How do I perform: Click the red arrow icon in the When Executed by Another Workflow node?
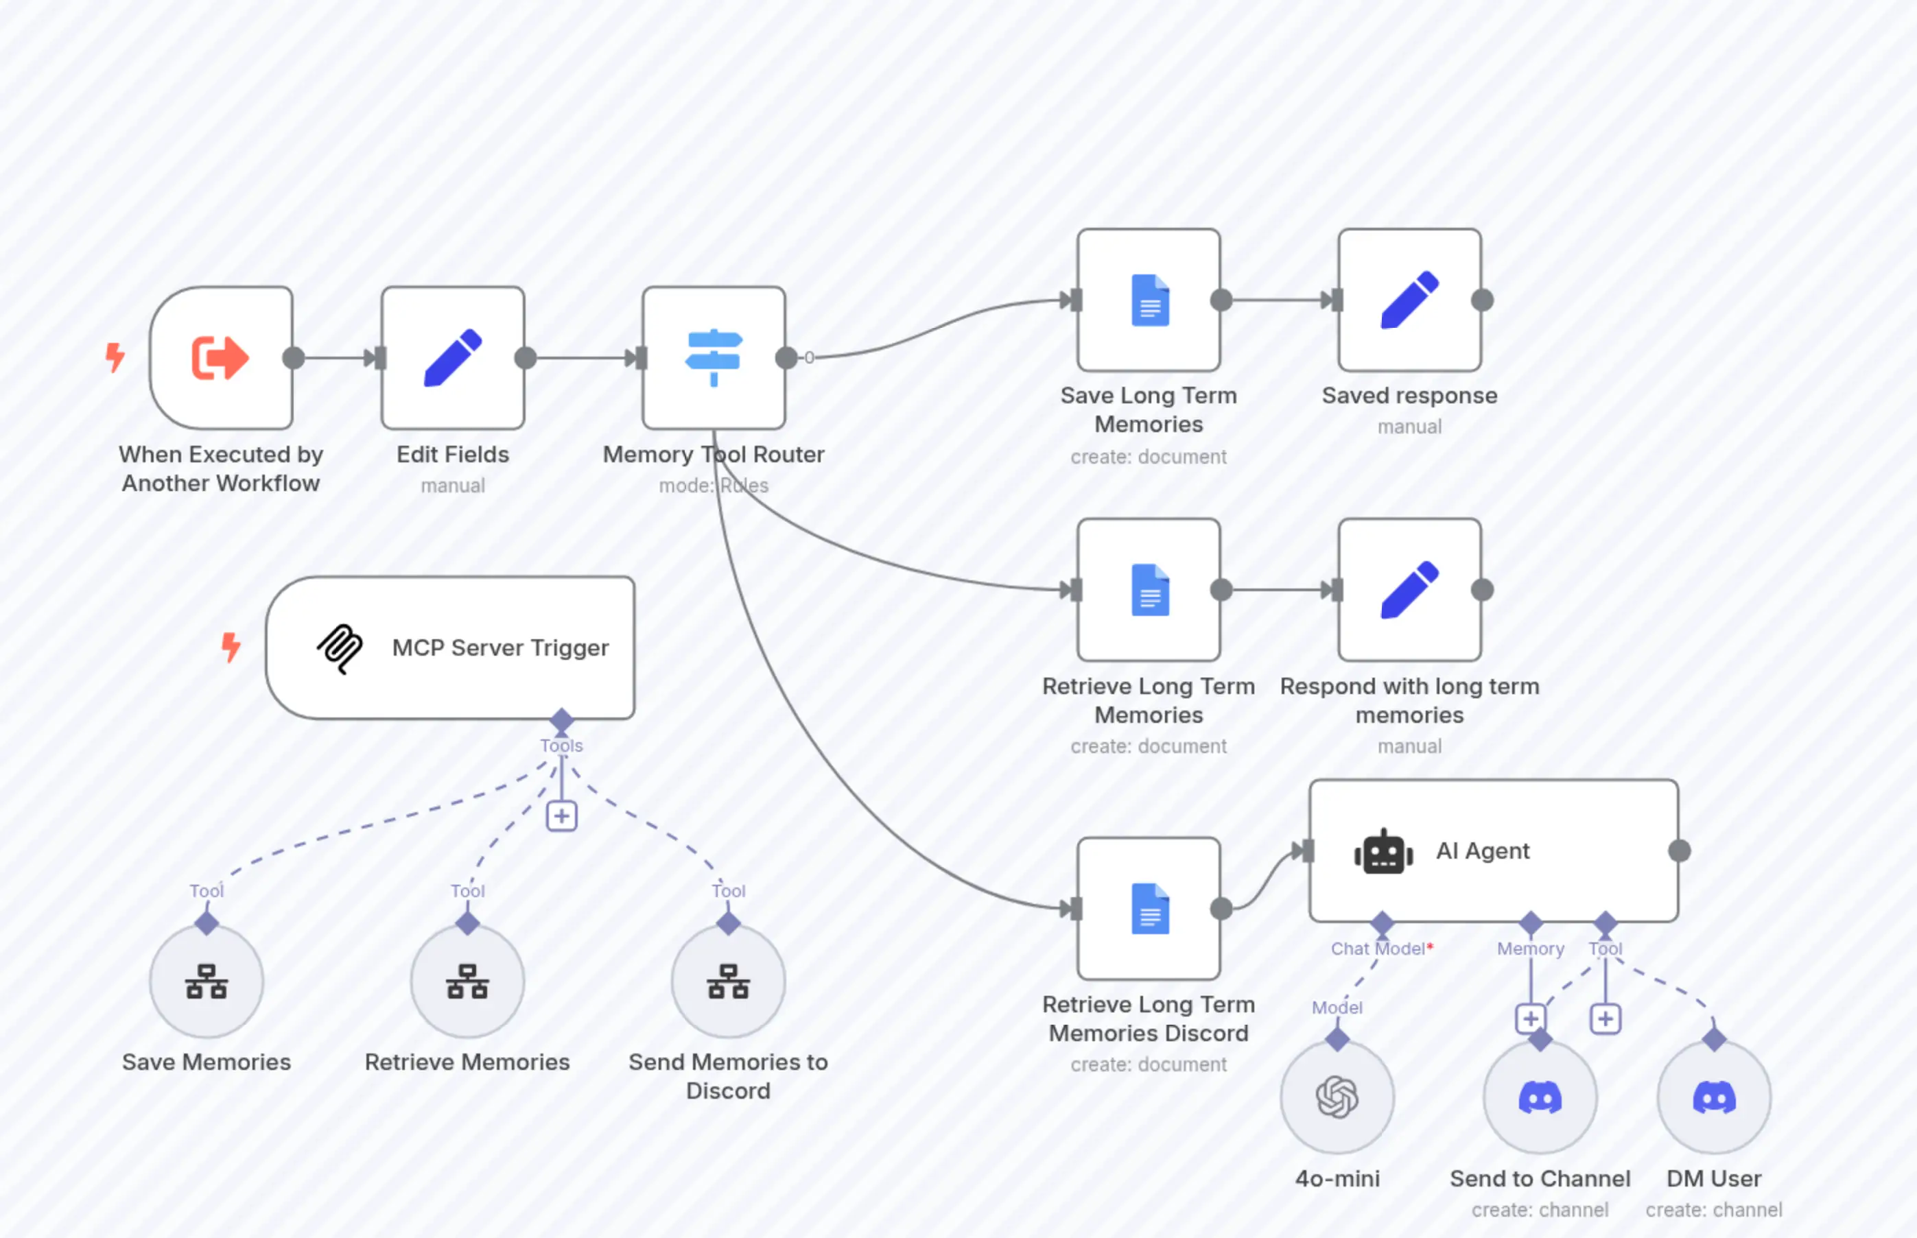220,358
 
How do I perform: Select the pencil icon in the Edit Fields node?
453,358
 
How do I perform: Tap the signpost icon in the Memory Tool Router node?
714,358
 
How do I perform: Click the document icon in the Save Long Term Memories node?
1149,300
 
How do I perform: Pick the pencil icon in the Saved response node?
1409,300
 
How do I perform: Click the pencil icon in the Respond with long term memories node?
1409,590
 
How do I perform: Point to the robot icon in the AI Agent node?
1383,851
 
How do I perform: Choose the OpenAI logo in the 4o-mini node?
1337,1097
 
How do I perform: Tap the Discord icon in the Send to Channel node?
1539,1097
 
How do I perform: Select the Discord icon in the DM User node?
1713,1097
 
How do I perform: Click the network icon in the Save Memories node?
207,981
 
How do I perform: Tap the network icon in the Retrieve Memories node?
467,981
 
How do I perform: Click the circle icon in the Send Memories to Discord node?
728,981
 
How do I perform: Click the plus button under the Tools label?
561,817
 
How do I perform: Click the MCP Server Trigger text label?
500,648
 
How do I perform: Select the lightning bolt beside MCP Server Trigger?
231,647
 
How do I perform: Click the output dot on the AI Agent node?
1679,850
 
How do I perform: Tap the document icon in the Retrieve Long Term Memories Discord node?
1149,908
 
